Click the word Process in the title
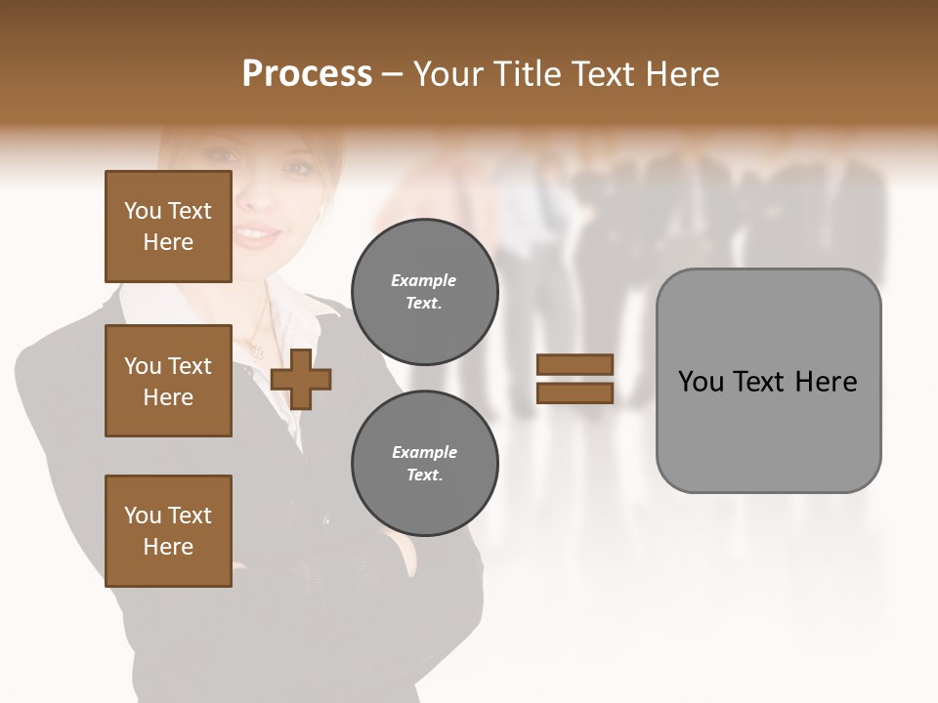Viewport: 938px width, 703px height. coord(307,74)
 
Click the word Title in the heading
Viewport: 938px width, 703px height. coord(529,74)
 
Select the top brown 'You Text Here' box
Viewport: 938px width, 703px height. coord(168,227)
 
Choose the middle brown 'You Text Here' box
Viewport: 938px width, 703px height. coord(168,381)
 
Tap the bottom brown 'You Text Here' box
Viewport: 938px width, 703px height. coord(168,531)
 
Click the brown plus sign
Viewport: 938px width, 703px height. coord(301,379)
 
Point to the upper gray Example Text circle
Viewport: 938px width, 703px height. coord(424,292)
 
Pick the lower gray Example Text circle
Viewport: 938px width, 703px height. coord(424,464)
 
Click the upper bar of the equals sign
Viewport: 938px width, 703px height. coord(575,365)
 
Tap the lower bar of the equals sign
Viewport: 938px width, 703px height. coord(575,393)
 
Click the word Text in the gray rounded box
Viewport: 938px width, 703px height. coord(761,382)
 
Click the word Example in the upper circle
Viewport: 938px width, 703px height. coord(424,280)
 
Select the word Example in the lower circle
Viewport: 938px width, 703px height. coord(424,452)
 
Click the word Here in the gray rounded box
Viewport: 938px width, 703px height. coord(826,382)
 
